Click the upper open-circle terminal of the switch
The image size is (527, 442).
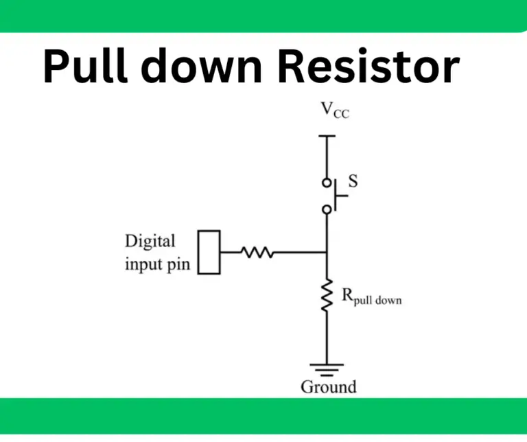click(x=327, y=183)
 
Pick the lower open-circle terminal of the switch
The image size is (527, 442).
click(x=327, y=208)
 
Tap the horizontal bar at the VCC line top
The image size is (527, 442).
click(x=327, y=136)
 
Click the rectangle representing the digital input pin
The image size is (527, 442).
click(x=209, y=253)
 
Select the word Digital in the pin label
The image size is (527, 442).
click(x=150, y=242)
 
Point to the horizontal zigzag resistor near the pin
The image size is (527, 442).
click(x=257, y=253)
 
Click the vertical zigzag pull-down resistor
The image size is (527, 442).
click(x=327, y=295)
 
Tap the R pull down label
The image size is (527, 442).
click(x=371, y=297)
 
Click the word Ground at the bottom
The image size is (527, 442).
click(x=329, y=386)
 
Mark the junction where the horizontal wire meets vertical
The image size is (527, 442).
click(x=327, y=253)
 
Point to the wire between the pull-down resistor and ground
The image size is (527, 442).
click(x=327, y=340)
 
